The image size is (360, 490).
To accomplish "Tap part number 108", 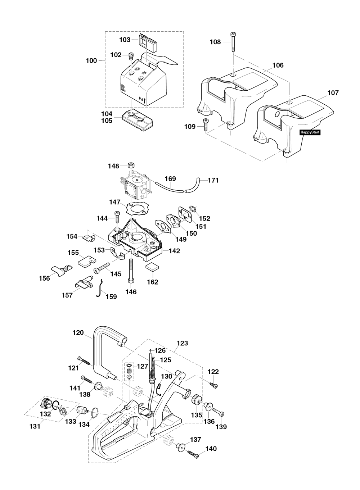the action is pos(215,42).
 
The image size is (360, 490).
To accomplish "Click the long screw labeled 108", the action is pos(233,42).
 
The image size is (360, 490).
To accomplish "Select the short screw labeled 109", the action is pos(206,124).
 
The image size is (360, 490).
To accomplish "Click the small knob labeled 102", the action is pos(131,56).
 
